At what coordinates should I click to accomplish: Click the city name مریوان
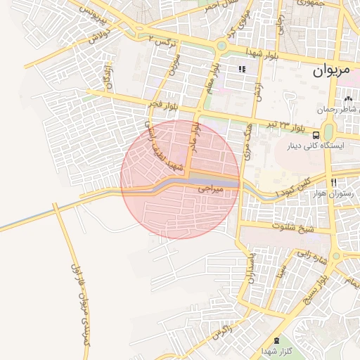pos(330,71)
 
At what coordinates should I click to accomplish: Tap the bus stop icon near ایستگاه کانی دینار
pos(316,134)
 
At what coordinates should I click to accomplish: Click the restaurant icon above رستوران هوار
pos(333,181)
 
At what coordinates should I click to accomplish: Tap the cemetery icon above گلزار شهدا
pos(275,339)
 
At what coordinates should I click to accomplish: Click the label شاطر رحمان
pos(337,110)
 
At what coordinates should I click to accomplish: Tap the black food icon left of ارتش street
pos(243,70)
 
